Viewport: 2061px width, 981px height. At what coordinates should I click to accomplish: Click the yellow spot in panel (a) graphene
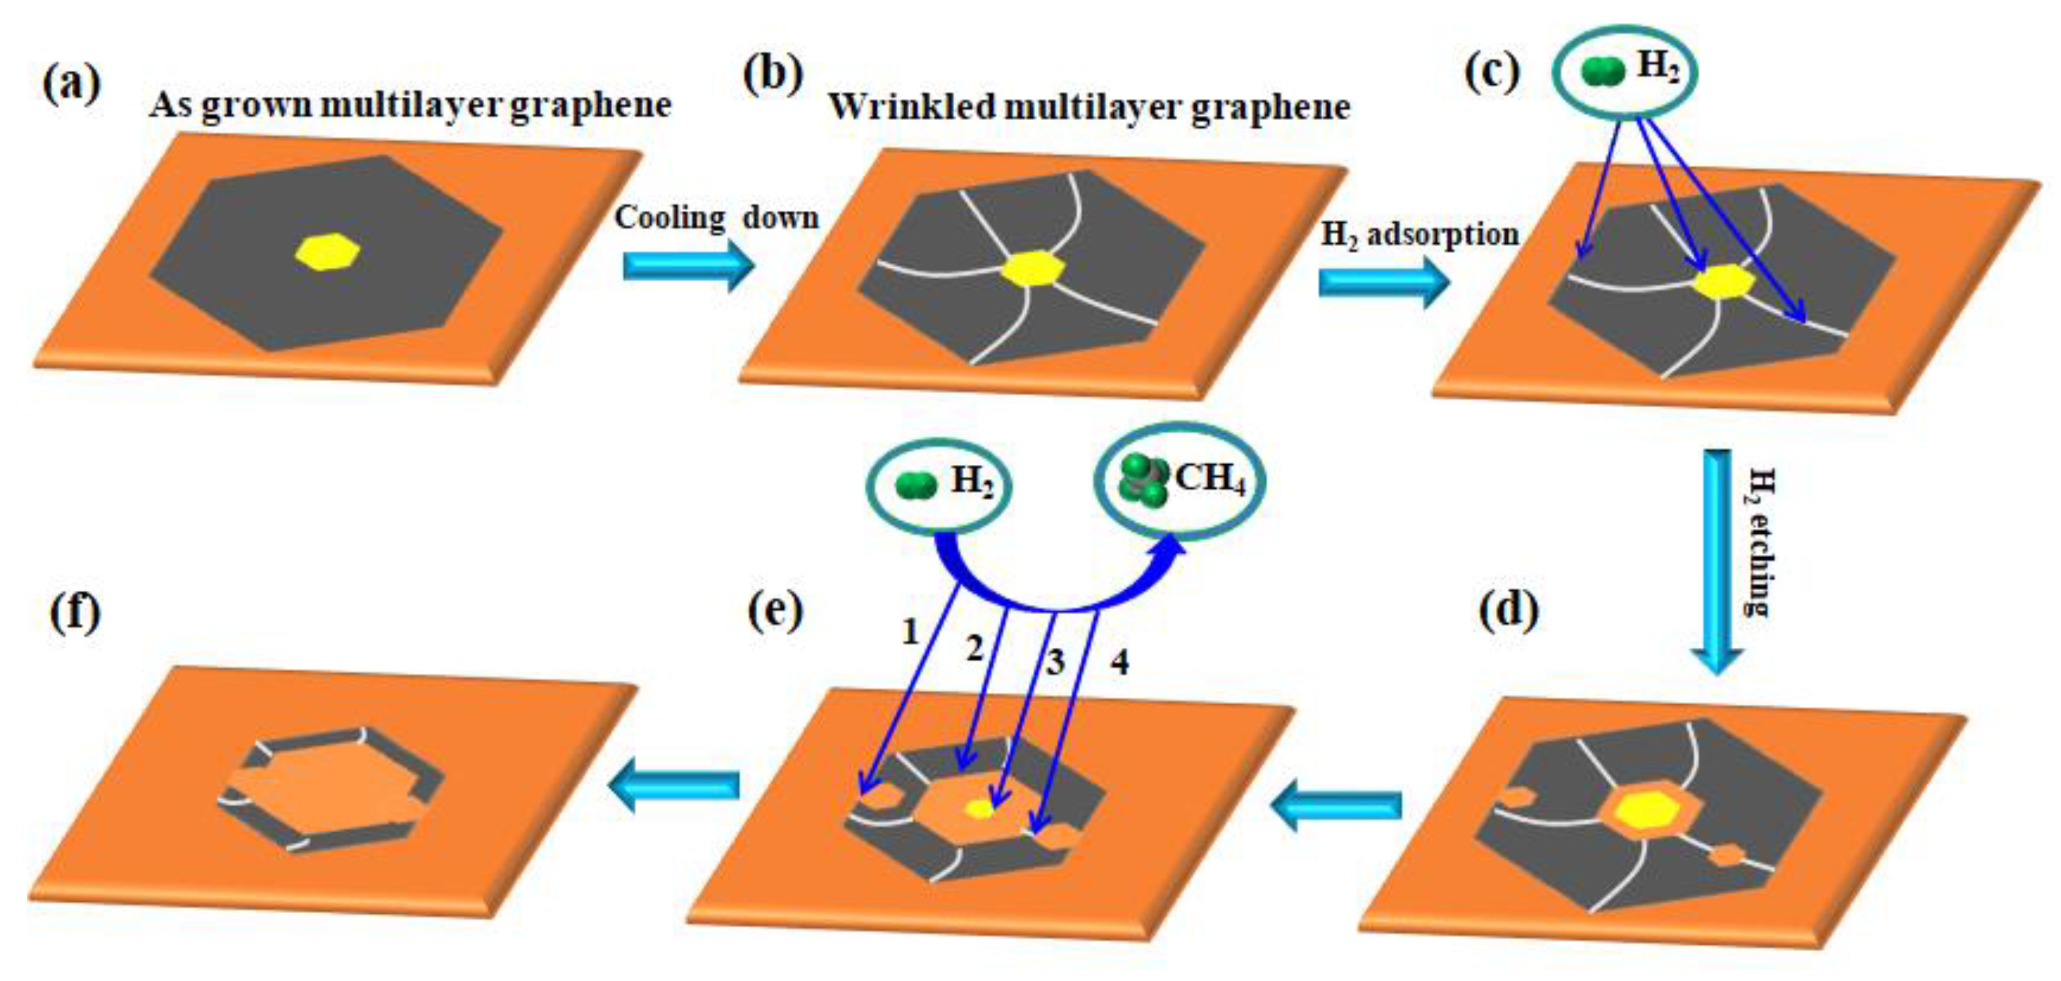click(x=327, y=253)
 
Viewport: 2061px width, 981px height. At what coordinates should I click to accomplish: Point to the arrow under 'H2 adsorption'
click(x=1383, y=283)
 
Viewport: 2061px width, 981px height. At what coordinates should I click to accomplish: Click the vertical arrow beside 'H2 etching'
click(x=1716, y=560)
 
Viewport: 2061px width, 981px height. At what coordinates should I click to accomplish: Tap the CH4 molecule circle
click(x=1180, y=481)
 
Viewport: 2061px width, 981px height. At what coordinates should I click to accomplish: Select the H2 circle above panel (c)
click(x=1624, y=72)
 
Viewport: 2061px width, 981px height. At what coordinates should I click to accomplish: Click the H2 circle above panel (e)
click(x=938, y=485)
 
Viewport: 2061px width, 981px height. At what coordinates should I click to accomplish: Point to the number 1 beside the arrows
click(x=910, y=632)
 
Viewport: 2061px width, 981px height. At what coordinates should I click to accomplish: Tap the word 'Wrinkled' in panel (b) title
click(x=909, y=107)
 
